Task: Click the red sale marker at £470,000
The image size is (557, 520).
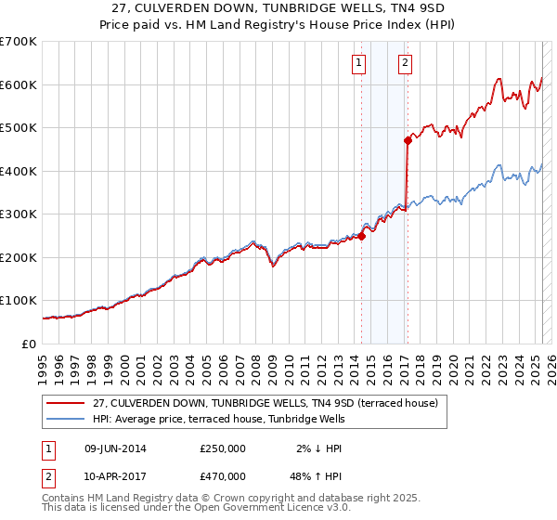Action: point(408,141)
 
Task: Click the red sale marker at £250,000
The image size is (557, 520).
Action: point(361,236)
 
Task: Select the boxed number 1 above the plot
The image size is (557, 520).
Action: point(358,63)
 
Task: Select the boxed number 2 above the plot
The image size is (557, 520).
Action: point(406,63)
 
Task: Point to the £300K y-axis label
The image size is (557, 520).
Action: point(19,214)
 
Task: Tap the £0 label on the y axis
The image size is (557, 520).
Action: point(30,344)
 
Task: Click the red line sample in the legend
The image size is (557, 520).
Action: point(65,402)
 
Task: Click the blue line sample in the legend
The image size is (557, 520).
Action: point(65,419)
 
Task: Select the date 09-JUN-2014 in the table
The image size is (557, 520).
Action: point(116,448)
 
